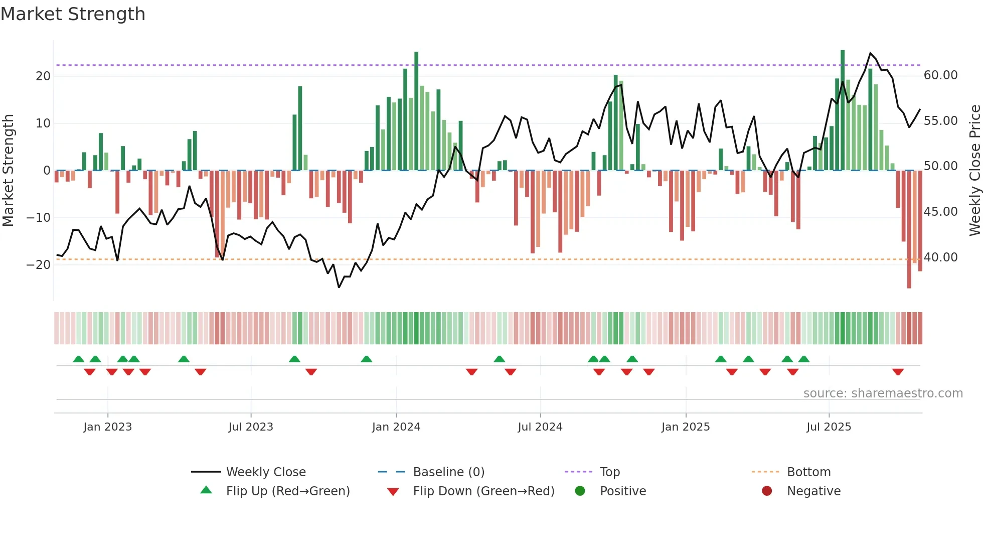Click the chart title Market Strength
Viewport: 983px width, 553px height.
coord(73,14)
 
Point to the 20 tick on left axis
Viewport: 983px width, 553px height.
coord(43,76)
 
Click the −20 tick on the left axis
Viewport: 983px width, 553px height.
coord(39,265)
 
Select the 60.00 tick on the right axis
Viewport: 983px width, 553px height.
coord(940,75)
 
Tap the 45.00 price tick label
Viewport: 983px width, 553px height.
coord(940,212)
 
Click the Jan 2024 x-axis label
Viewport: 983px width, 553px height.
coord(396,427)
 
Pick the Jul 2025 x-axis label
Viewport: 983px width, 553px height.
coord(829,427)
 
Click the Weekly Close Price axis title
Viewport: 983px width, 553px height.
coord(974,171)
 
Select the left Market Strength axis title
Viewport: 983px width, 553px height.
coord(8,171)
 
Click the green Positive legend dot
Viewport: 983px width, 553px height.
coord(580,491)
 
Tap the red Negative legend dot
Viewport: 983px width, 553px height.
coord(766,491)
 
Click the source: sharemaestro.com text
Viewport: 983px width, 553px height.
coord(883,393)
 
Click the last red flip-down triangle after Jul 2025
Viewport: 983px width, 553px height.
coord(898,372)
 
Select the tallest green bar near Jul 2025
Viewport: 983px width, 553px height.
coord(843,110)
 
